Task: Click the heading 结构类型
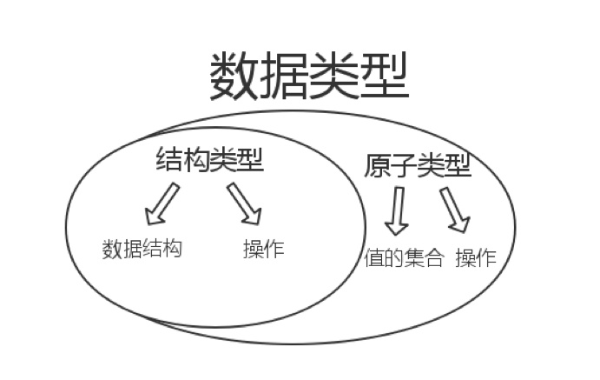tap(209, 160)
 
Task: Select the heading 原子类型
tap(418, 165)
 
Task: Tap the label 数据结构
tap(142, 250)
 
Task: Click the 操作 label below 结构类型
tap(264, 250)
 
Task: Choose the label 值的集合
tap(404, 258)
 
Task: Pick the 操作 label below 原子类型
tap(476, 258)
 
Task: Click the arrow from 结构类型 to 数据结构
tap(162, 205)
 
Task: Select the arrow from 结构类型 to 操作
tap(245, 203)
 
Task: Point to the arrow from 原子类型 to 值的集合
tap(397, 211)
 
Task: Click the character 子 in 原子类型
tap(405, 165)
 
